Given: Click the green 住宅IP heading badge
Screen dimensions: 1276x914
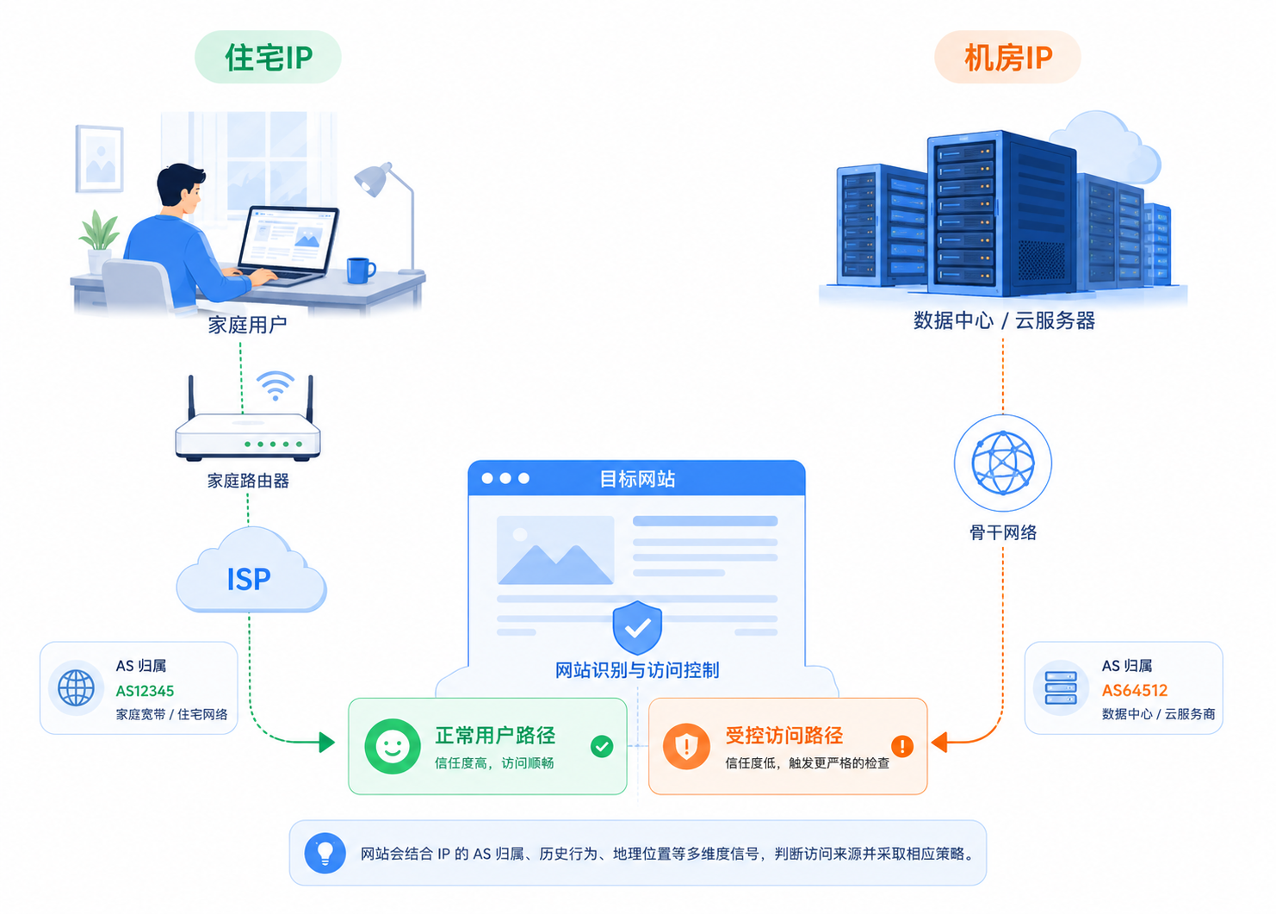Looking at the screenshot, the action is [x=268, y=57].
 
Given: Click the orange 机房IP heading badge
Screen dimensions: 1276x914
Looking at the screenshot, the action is [x=1007, y=57].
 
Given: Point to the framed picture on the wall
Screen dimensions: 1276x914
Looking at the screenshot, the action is [x=100, y=159].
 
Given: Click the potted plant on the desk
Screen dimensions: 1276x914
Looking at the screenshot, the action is [x=98, y=239].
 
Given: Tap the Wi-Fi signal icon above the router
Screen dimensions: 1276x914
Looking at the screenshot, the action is [x=276, y=385].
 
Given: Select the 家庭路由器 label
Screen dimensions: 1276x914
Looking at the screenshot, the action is [x=248, y=481].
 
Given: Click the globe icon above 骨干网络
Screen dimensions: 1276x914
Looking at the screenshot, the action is [x=1002, y=463].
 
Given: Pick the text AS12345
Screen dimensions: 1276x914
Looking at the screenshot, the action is [x=145, y=691].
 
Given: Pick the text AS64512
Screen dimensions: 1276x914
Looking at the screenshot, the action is [x=1134, y=691].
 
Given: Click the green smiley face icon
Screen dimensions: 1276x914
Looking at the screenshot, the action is [x=393, y=746].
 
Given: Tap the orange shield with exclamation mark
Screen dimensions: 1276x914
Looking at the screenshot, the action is [x=686, y=746].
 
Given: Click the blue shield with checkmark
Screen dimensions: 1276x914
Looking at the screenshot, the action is [x=637, y=627].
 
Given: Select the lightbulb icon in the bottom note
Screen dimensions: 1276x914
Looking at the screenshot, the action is [x=325, y=853].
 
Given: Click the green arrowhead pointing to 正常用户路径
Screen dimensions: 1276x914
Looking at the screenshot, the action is [x=327, y=742].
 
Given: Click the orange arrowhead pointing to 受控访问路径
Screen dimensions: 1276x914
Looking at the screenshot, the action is [x=939, y=742].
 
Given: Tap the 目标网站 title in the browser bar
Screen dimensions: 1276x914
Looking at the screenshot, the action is [x=637, y=479].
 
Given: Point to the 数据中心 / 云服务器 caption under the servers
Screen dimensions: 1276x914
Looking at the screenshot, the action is [x=1004, y=320].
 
